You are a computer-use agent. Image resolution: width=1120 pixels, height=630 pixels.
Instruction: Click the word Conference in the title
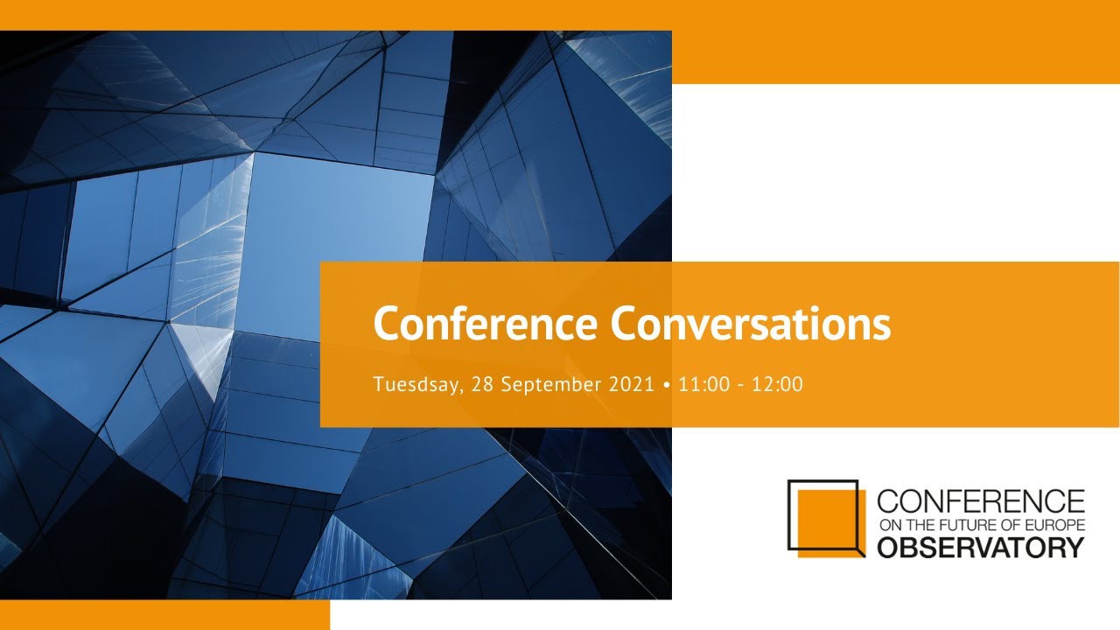(x=485, y=324)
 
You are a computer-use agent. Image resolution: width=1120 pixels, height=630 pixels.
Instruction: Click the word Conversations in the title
(x=751, y=324)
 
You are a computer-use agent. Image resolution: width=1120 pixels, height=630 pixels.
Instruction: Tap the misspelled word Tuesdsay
(x=418, y=385)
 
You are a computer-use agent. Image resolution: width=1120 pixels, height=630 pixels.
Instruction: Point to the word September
(x=551, y=385)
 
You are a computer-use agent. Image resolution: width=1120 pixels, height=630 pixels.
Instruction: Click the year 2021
(x=632, y=384)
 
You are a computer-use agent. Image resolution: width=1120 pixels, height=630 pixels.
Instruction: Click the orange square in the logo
(x=831, y=523)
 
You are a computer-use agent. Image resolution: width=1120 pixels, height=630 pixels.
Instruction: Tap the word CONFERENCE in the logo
(x=981, y=501)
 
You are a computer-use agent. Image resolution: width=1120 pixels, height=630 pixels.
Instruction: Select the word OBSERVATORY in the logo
(x=981, y=548)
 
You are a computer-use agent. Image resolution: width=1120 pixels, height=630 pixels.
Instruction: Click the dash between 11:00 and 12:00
(x=741, y=386)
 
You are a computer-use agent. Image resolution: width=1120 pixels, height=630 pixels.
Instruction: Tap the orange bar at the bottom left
(x=165, y=615)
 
